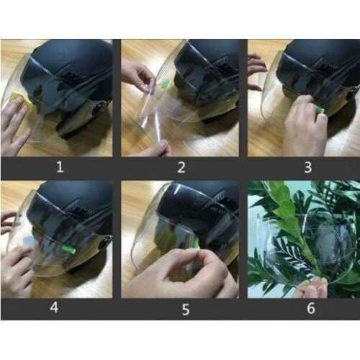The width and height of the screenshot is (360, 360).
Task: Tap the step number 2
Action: pos(181,168)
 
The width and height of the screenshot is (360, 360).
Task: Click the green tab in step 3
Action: pos(320,110)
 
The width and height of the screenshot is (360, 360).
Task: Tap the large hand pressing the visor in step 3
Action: pos(301,130)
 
